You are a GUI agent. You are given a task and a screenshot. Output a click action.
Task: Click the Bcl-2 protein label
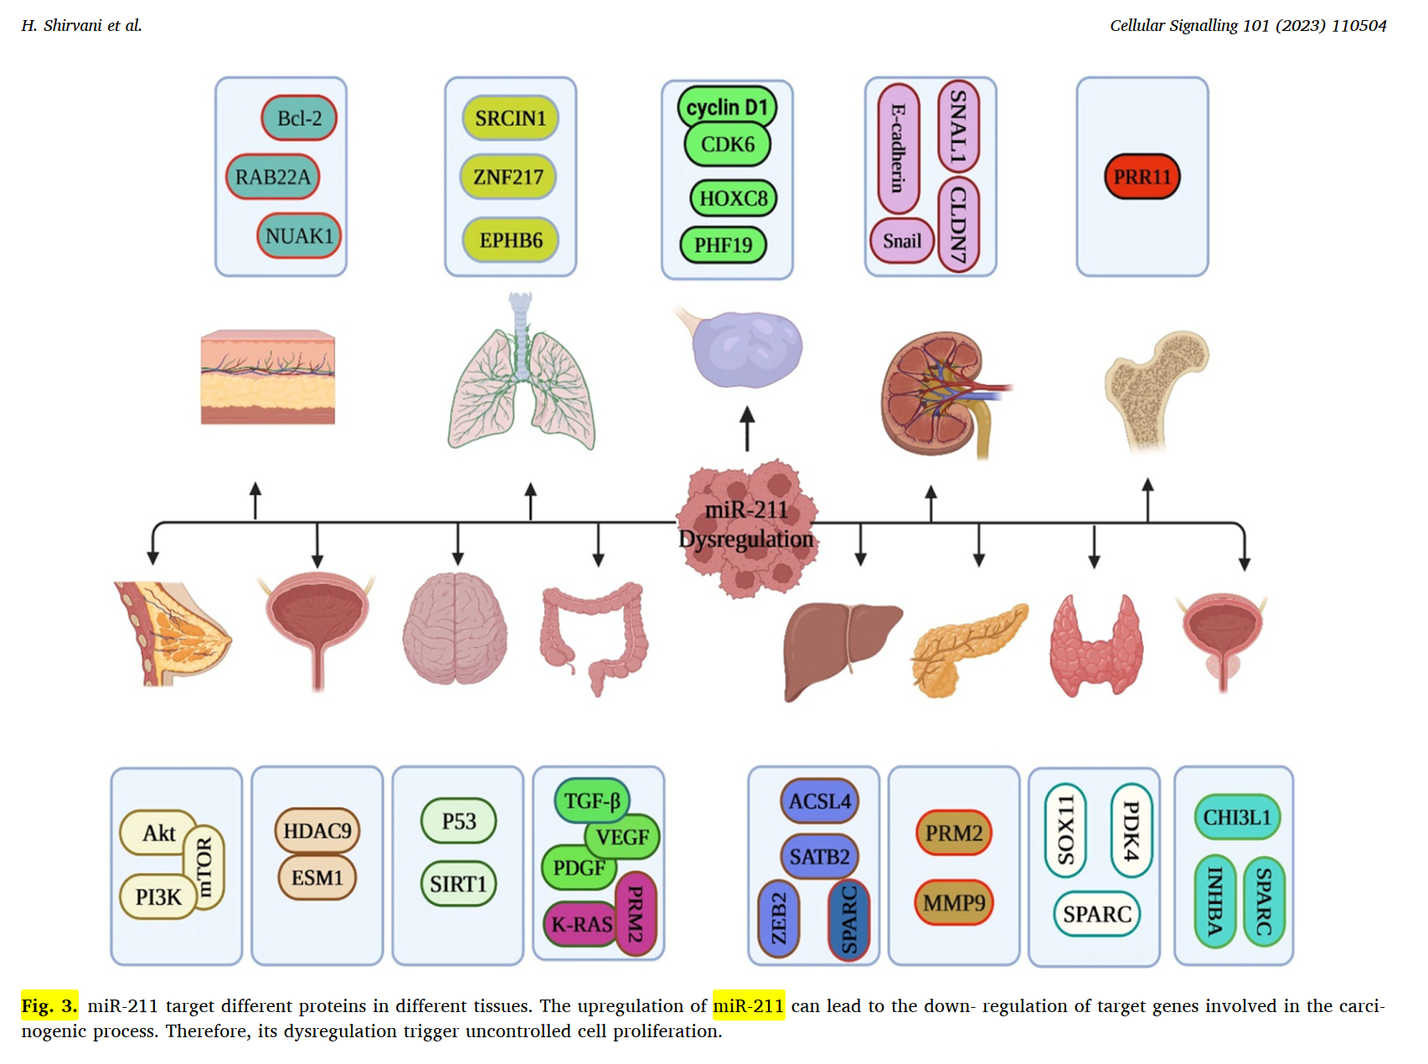coord(299,118)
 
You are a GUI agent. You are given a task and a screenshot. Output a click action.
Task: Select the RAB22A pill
coord(272,177)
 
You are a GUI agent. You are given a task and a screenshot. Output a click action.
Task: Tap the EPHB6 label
coord(510,240)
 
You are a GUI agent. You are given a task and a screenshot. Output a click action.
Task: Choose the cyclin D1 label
coord(727,107)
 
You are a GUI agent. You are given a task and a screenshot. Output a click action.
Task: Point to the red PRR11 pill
coord(1142,177)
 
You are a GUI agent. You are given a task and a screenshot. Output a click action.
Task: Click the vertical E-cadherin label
coord(898,148)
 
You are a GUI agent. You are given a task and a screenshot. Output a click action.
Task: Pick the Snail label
coord(901,241)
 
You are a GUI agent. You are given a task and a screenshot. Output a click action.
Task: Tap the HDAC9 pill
coord(317,830)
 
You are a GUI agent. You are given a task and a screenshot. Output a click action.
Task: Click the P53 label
coord(458,821)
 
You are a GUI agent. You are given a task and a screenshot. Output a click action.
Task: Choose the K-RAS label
coord(581,924)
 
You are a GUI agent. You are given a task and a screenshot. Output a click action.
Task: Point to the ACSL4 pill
coord(819,801)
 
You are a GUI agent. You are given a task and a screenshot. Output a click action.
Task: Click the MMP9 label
coord(954,902)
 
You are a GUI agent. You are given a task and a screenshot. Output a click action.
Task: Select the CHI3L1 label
coord(1236,817)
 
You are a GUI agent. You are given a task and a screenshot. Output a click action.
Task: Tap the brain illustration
coord(455,628)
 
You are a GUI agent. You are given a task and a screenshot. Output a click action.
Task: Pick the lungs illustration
coord(521,377)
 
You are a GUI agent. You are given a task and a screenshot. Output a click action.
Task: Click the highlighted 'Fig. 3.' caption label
coord(49,1005)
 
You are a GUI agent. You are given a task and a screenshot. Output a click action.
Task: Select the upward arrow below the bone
coord(1147,500)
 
